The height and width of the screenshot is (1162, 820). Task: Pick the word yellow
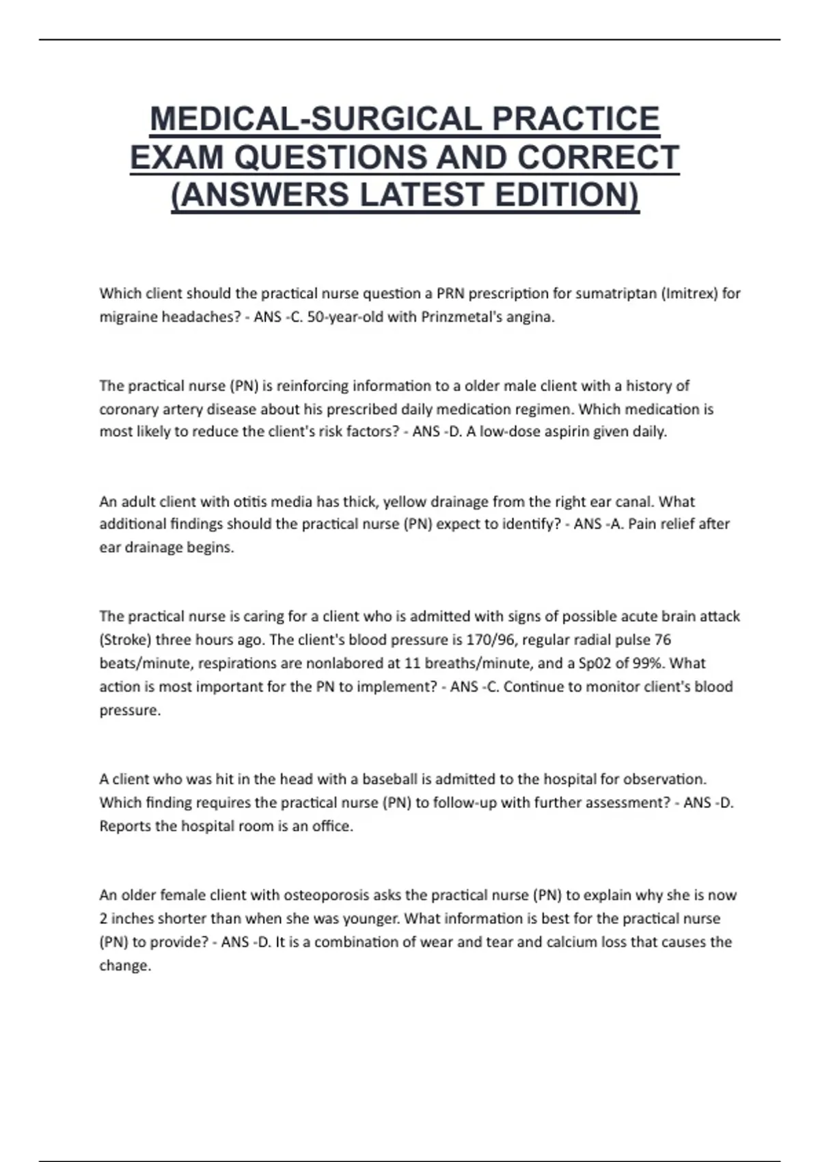pyautogui.click(x=405, y=502)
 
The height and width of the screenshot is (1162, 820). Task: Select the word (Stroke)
pyautogui.click(x=125, y=640)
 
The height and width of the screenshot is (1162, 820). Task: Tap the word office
pyautogui.click(x=332, y=826)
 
